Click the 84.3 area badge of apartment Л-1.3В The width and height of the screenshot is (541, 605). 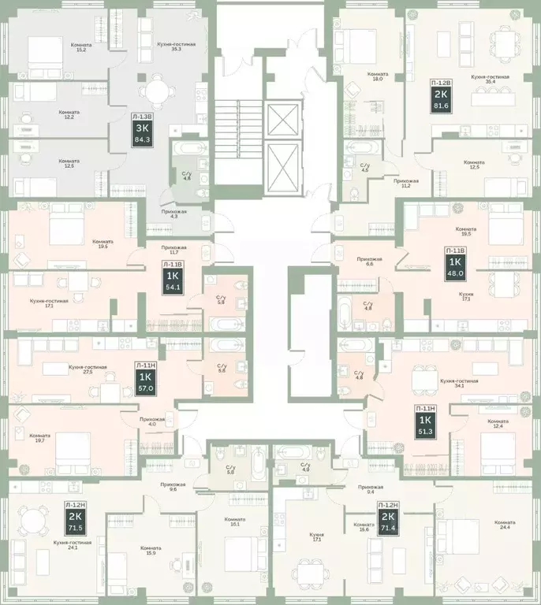point(144,143)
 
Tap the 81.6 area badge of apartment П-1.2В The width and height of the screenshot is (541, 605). point(441,106)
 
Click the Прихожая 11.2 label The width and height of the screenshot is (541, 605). point(406,184)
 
